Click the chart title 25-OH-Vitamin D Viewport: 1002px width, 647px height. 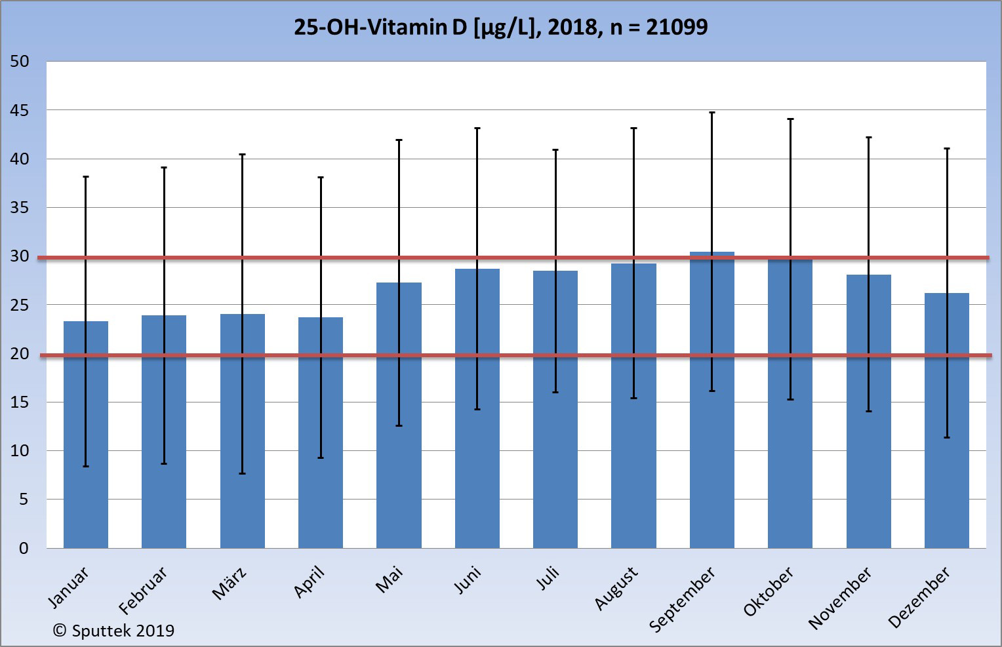500,27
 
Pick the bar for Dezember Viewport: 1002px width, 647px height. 946,420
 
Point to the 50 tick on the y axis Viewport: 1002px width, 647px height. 20,62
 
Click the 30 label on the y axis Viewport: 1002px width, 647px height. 20,256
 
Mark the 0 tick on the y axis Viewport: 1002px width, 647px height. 24,548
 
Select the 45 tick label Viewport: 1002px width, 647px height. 20,110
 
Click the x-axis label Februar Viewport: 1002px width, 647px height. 143,590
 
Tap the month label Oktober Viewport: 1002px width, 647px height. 769,591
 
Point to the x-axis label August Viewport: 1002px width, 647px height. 616,588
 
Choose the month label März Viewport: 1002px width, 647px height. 229,583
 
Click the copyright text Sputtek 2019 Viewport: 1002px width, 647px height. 113,631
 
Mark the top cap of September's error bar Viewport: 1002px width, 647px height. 711,113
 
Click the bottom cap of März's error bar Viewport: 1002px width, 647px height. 242,473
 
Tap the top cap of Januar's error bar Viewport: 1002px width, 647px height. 85,177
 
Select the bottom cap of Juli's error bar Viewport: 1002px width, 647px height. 555,392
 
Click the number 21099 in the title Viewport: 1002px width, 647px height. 677,27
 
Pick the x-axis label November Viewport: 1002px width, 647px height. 840,597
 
